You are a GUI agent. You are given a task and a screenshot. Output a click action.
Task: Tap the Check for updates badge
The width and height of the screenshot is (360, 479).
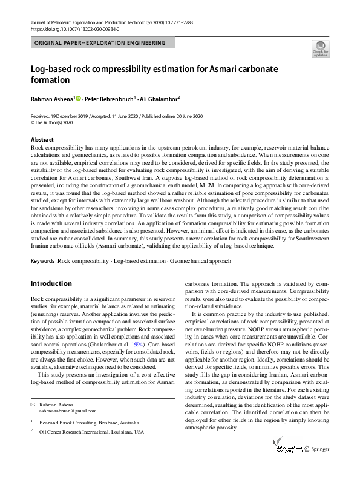(319, 49)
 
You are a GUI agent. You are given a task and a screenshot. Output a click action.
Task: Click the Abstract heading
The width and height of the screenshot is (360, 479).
(42, 140)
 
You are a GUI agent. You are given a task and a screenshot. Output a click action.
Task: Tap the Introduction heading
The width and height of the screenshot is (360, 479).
(51, 283)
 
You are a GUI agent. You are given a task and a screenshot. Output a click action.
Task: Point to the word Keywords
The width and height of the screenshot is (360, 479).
(42, 260)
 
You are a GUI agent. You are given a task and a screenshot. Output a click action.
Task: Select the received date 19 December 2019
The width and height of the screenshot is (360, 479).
(67, 116)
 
